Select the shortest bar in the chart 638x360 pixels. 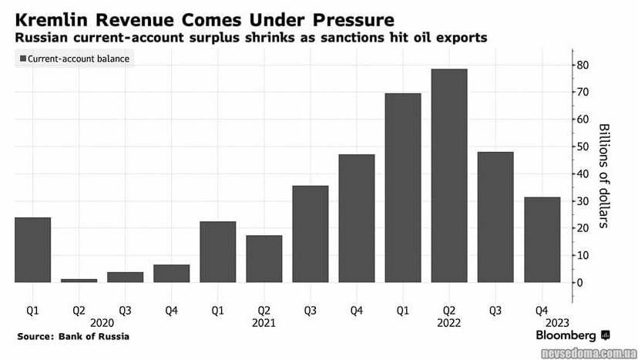click(79, 280)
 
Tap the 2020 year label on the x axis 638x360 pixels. click(102, 323)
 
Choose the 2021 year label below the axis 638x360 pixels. click(264, 323)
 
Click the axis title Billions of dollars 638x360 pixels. click(603, 175)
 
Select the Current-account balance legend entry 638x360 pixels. click(73, 59)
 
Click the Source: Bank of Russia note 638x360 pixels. click(72, 337)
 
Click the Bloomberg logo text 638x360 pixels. click(566, 336)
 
